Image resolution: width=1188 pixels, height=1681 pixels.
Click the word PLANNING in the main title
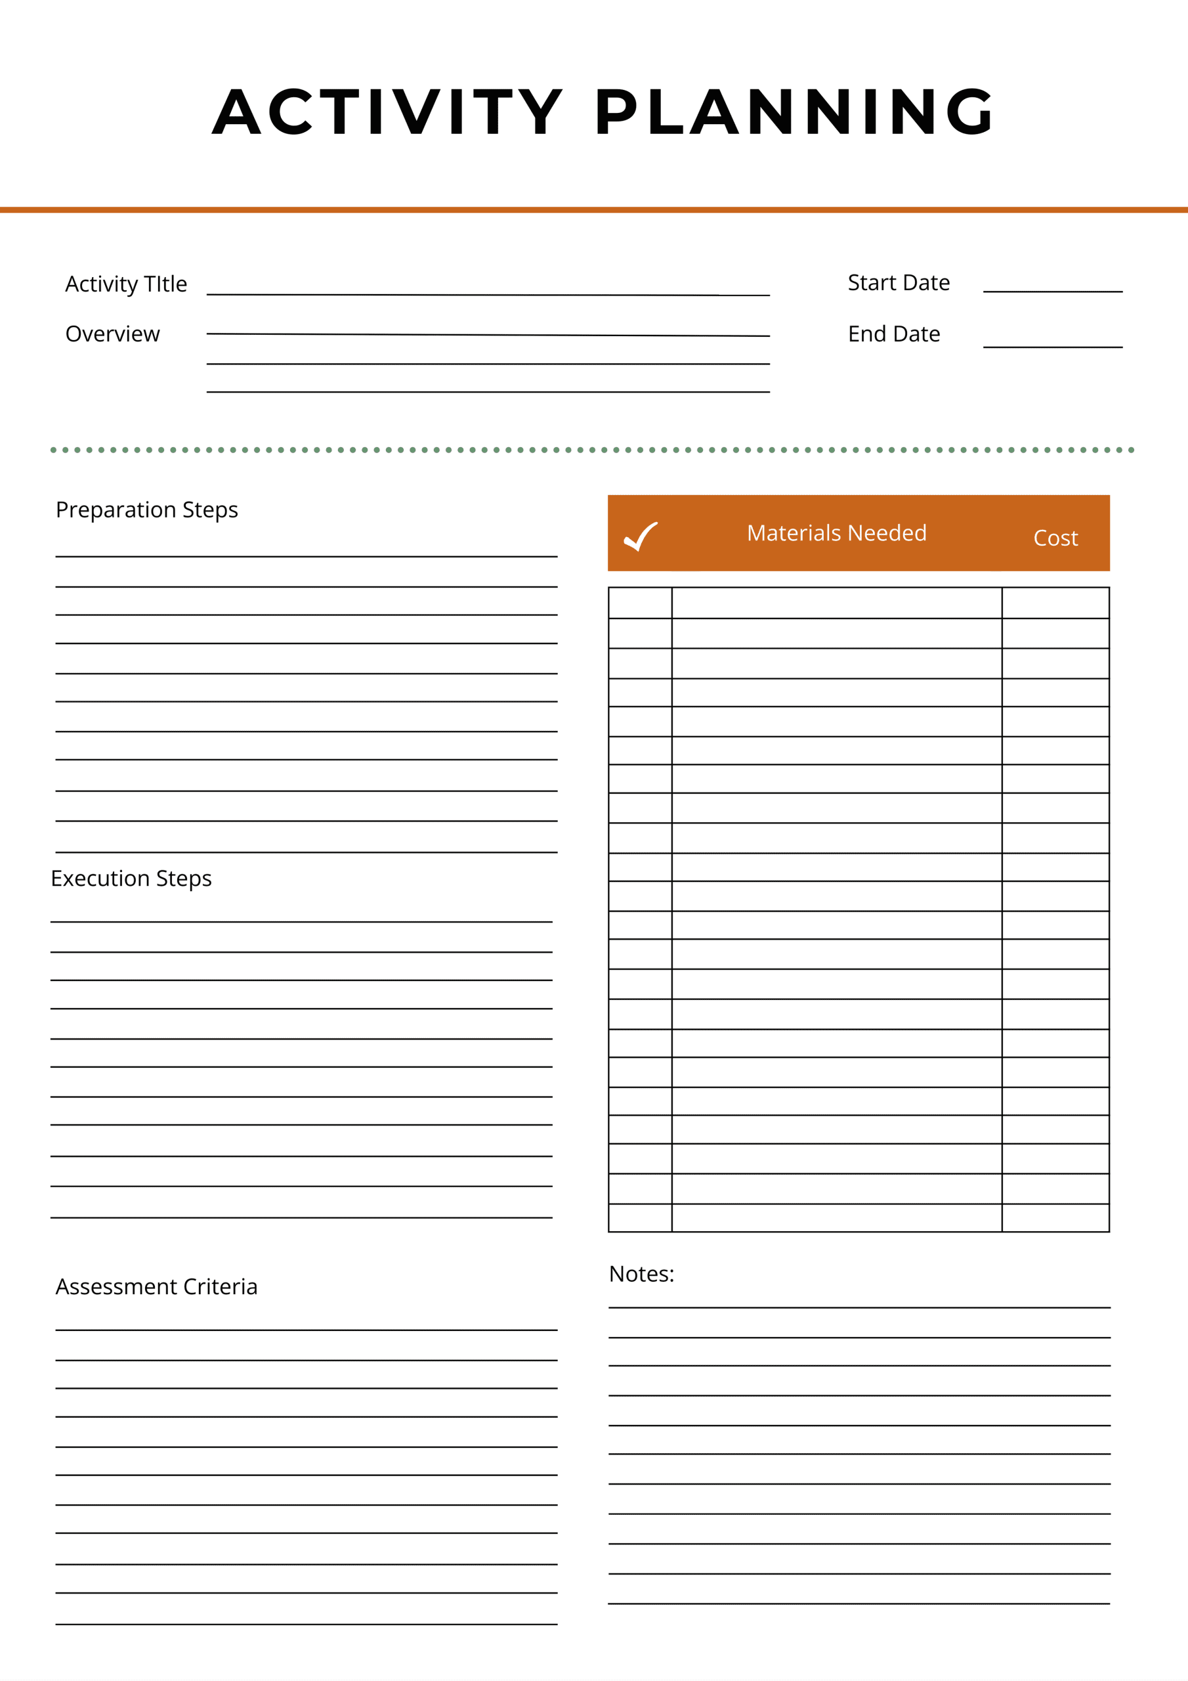coord(794,112)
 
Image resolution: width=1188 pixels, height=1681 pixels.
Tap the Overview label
coord(112,334)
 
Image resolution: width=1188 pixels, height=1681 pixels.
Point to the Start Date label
coord(898,282)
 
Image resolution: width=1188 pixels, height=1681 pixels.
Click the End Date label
coord(894,334)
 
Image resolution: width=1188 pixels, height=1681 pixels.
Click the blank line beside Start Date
coord(1052,290)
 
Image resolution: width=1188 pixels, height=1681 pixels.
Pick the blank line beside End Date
coord(1052,345)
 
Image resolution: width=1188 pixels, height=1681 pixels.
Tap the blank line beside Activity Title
coord(488,294)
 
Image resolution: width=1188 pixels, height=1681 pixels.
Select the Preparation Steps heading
coord(146,510)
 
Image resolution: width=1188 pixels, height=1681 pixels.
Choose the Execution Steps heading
coord(131,878)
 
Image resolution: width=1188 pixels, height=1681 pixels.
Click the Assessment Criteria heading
coord(157,1286)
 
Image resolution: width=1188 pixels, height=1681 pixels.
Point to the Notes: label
coord(641,1274)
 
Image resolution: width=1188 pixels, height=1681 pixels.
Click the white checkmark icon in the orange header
coord(641,536)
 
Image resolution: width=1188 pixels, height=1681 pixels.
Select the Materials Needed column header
coord(837,533)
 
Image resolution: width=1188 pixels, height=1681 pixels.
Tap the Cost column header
coord(1055,538)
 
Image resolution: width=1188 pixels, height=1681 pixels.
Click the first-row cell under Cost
coord(1055,603)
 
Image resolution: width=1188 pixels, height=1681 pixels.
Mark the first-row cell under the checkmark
coord(640,603)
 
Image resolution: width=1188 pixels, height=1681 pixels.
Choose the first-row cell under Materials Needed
coord(837,603)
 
